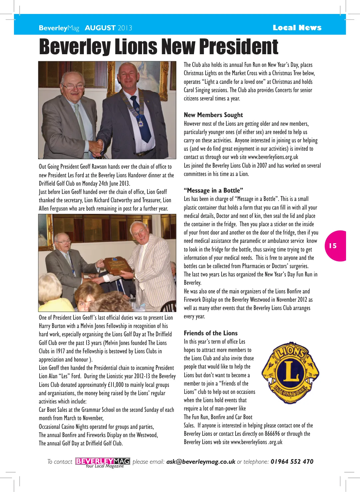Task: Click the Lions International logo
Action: pyautogui.click(x=290, y=373)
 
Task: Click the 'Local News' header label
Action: pyautogui.click(x=297, y=28)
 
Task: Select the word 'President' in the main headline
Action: pyautogui.click(x=239, y=47)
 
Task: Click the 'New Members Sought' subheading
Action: pyautogui.click(x=213, y=115)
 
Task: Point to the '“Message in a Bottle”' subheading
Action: pyautogui.click(x=213, y=191)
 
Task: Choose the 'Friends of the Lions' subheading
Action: pyautogui.click(x=211, y=333)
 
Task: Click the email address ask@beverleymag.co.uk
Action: pyautogui.click(x=201, y=462)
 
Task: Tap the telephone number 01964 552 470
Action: pyautogui.click(x=292, y=462)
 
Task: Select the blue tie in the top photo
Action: pyautogui.click(x=140, y=119)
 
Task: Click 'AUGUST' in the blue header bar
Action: pyautogui.click(x=100, y=28)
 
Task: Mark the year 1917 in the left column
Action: pyautogui.click(x=60, y=351)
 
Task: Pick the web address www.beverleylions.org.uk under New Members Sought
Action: pyautogui.click(x=273, y=157)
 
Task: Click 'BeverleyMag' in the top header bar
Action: pyautogui.click(x=59, y=28)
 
